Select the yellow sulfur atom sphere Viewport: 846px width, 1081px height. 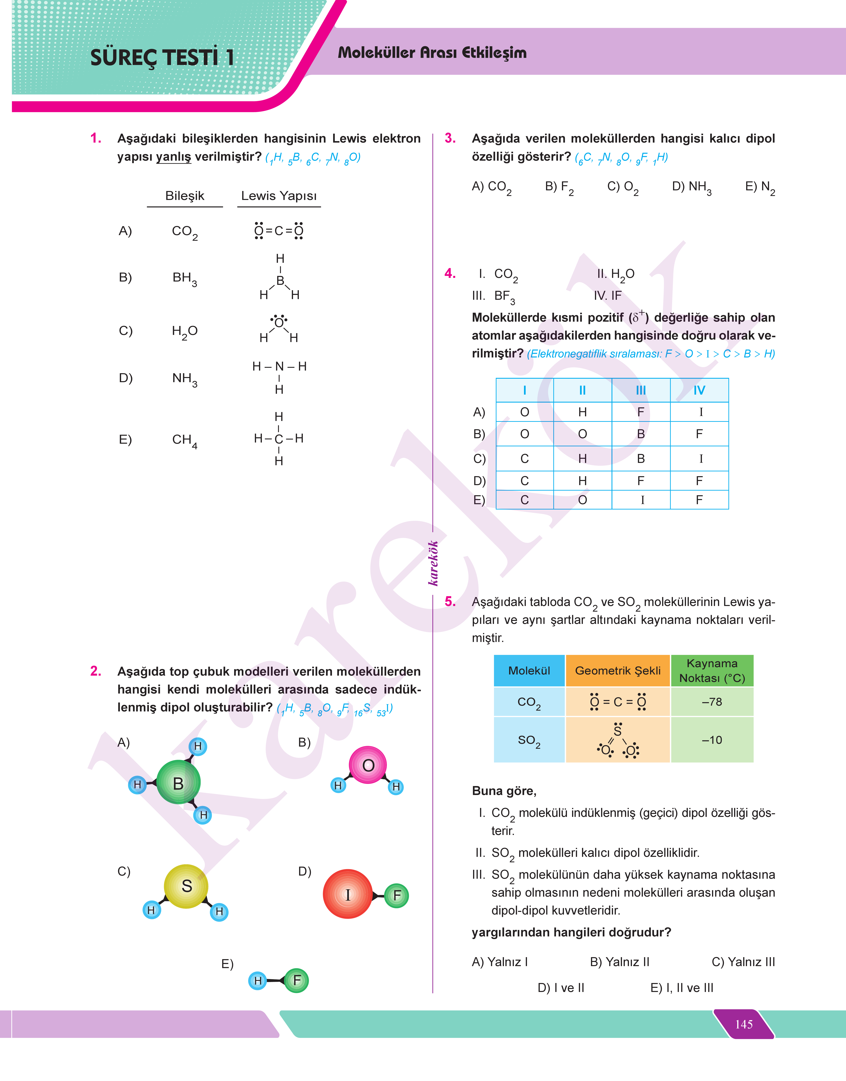(186, 886)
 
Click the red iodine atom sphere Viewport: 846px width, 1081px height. (348, 894)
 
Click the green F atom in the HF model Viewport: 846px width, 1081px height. (297, 980)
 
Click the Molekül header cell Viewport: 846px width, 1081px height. (529, 670)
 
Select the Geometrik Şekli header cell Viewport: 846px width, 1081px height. (618, 670)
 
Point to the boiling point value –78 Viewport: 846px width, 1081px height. (712, 702)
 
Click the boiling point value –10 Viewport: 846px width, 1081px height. (712, 740)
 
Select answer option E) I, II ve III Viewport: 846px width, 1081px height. (682, 988)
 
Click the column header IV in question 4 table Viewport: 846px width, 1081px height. (699, 390)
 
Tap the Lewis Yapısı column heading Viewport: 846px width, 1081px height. (279, 196)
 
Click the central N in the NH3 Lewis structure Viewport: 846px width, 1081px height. (279, 366)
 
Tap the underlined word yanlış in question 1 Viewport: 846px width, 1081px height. (173, 157)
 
